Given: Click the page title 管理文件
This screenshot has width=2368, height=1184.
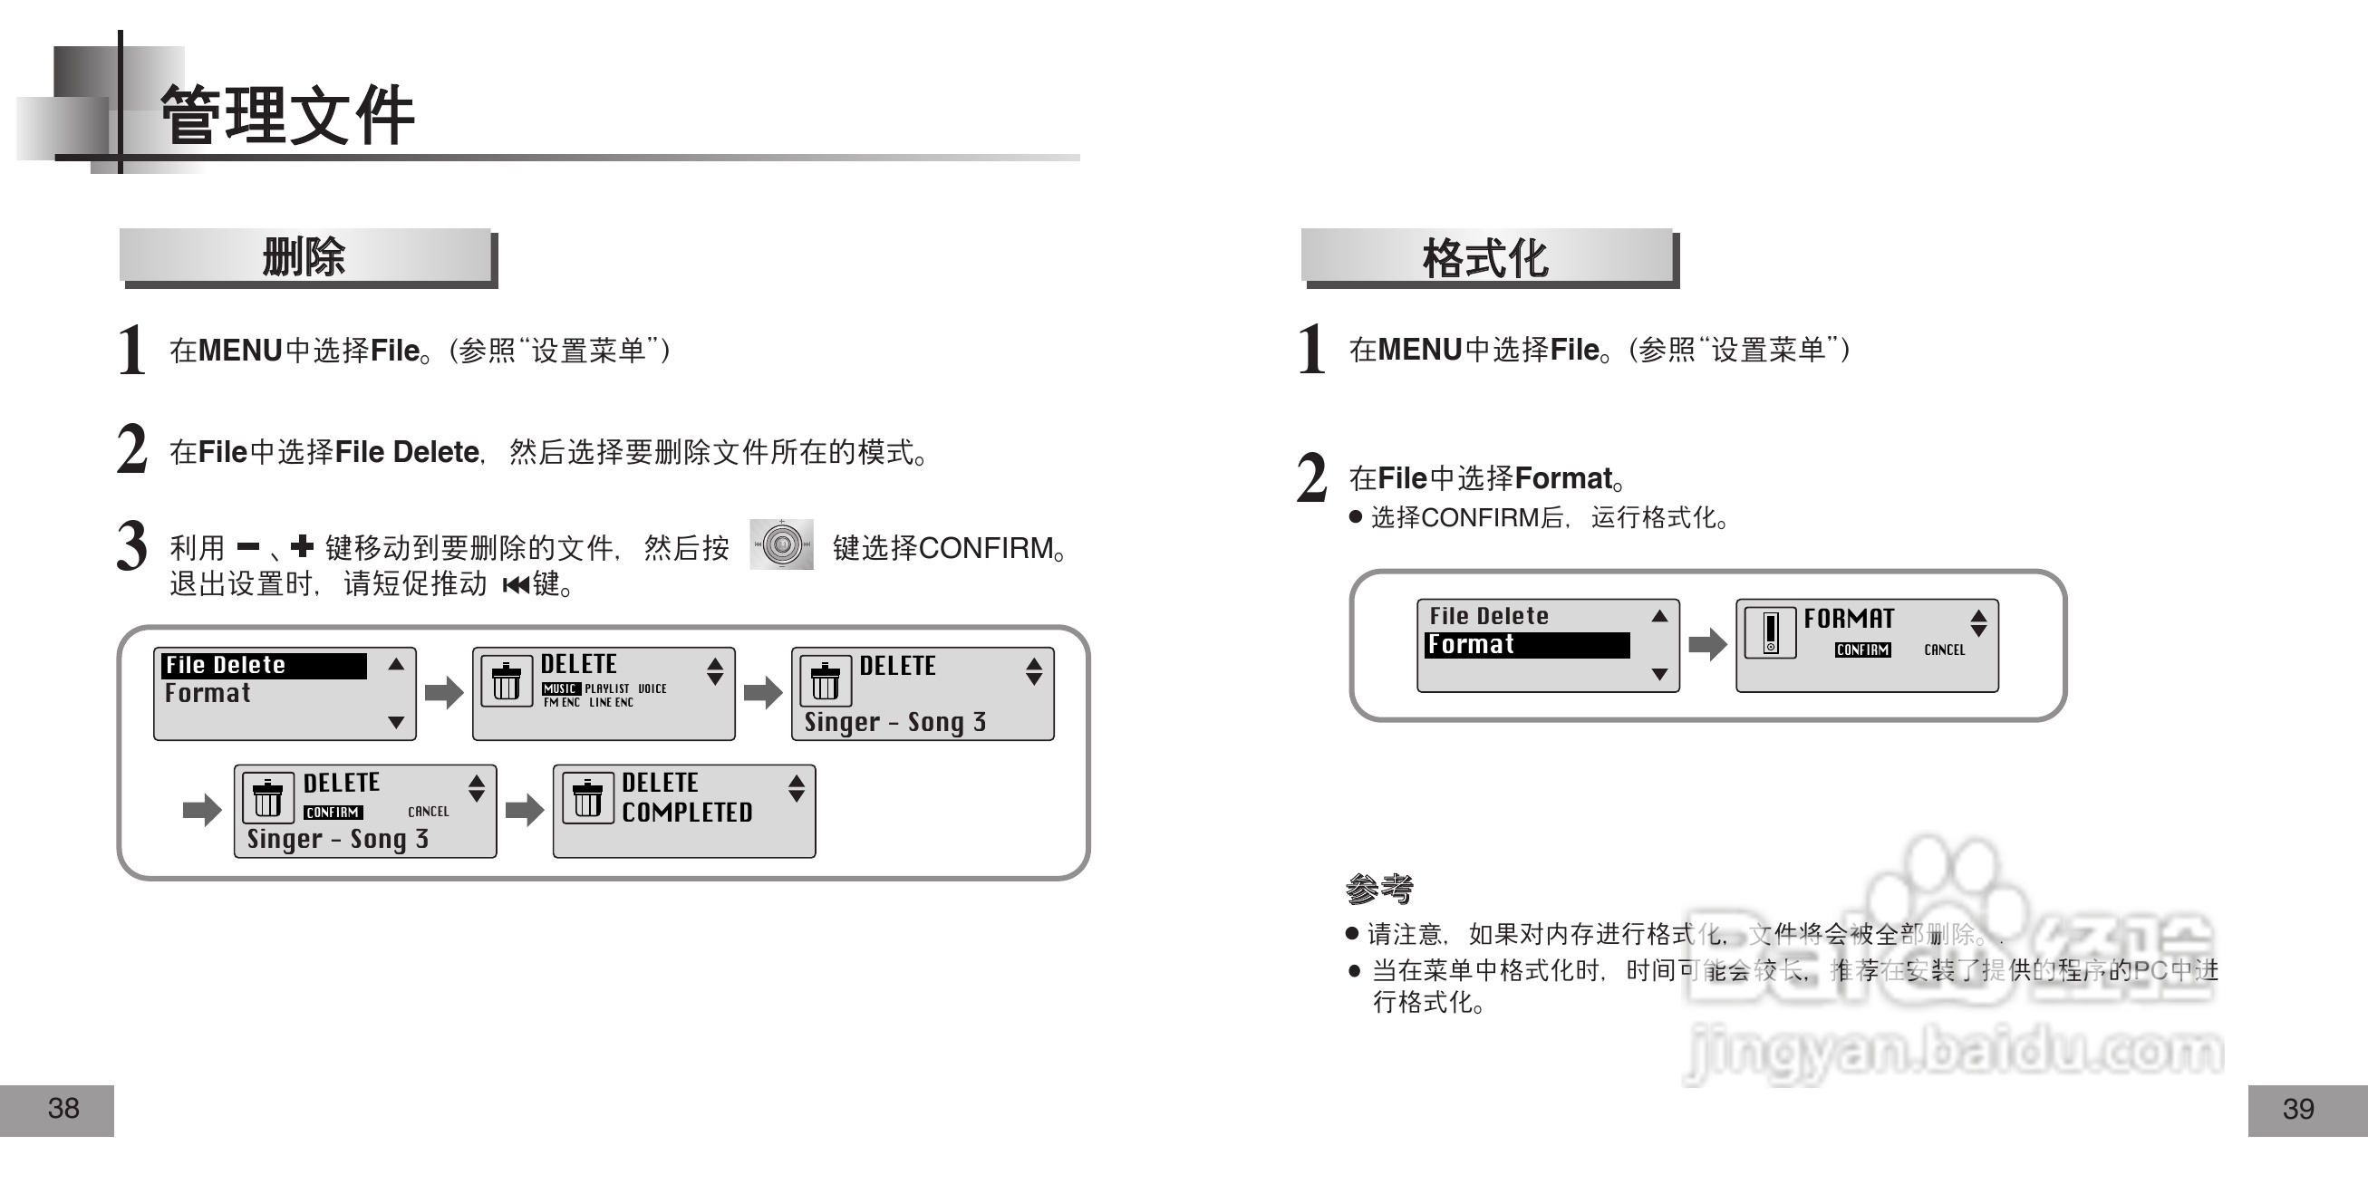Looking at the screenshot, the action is [x=286, y=115].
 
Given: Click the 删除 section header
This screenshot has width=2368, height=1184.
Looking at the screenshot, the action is [x=304, y=256].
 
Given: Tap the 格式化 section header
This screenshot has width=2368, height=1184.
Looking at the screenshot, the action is [x=1485, y=258].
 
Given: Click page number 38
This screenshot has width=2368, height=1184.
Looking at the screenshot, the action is [x=63, y=1109].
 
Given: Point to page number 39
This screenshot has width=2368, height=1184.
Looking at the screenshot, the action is [x=2298, y=1110].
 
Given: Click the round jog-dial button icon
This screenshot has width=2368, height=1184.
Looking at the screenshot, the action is [x=781, y=544].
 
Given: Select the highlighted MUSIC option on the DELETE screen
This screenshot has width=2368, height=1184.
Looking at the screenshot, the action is [x=559, y=688].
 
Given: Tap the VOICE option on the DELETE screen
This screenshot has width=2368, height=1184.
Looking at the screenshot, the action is [x=652, y=688].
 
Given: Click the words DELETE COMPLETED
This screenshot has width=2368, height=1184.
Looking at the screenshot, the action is [x=686, y=798].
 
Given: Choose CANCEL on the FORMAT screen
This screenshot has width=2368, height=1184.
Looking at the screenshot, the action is [x=1944, y=650].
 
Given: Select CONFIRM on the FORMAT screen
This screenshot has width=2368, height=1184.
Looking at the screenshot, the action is [x=1862, y=650].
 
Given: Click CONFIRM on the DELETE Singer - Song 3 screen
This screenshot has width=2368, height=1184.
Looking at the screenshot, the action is [x=333, y=813].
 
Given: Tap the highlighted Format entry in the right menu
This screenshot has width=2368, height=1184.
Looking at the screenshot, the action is [x=1526, y=645].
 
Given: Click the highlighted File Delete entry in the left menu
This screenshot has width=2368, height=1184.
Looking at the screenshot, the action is [x=264, y=666].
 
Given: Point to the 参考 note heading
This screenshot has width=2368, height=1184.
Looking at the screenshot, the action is [x=1379, y=888].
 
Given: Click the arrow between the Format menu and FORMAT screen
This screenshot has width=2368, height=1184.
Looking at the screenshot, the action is [x=1707, y=644].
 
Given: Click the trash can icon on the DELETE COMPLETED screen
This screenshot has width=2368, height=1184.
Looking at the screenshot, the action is [x=587, y=799].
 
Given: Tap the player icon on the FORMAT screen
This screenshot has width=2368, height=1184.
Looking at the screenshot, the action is [x=1770, y=632].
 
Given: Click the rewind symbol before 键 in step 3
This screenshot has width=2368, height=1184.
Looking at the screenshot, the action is [x=516, y=584].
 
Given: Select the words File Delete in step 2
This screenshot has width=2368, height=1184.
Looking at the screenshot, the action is [x=406, y=452].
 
